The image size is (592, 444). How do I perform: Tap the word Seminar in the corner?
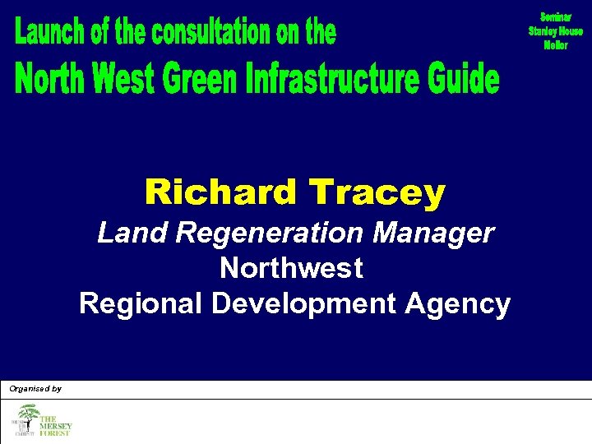556,17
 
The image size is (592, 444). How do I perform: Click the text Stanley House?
556,31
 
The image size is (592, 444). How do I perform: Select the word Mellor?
556,45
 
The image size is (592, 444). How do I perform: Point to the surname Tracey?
377,193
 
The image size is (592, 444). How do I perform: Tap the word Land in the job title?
124,233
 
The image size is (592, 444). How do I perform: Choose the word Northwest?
291,268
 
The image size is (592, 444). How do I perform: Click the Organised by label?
35,388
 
